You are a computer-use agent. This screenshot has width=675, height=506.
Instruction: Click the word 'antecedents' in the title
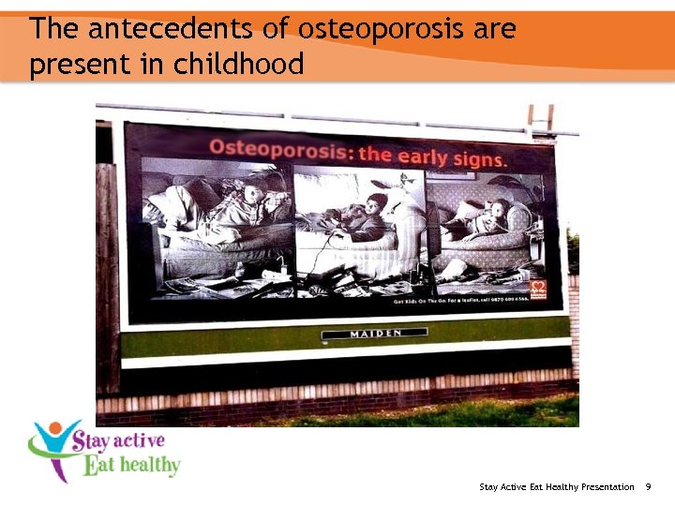(172, 29)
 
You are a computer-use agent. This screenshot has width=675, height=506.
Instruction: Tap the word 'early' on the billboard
(423, 156)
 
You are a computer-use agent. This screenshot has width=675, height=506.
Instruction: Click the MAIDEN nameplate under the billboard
(374, 334)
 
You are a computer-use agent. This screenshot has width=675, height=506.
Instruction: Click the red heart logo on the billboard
(538, 288)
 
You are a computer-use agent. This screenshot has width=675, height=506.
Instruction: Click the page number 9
(649, 487)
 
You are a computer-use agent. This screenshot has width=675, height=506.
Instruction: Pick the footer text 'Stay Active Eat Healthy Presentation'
(556, 487)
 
